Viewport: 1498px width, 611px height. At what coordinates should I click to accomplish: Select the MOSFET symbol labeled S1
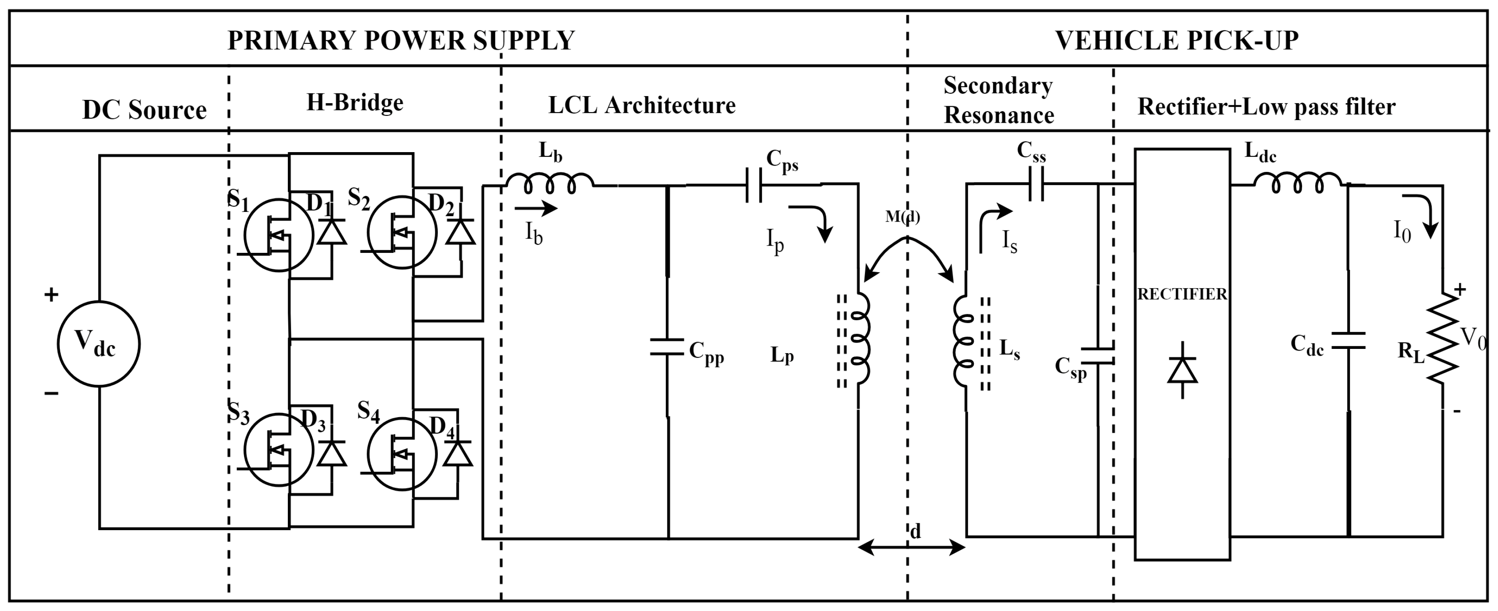click(x=279, y=235)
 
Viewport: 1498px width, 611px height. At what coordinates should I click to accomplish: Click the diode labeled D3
click(x=332, y=453)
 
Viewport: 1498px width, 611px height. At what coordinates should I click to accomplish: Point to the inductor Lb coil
click(x=549, y=184)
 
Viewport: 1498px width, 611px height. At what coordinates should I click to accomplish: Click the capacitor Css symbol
click(x=1036, y=184)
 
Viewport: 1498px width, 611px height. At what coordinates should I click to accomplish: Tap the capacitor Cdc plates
click(x=1348, y=340)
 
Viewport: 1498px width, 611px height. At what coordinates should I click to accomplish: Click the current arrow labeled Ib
click(x=535, y=208)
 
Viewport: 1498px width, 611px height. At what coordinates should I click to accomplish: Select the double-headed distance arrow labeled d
click(x=911, y=547)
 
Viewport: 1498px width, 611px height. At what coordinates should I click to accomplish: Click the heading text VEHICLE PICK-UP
click(x=1176, y=40)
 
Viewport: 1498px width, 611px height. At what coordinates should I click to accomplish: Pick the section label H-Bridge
click(x=355, y=103)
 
